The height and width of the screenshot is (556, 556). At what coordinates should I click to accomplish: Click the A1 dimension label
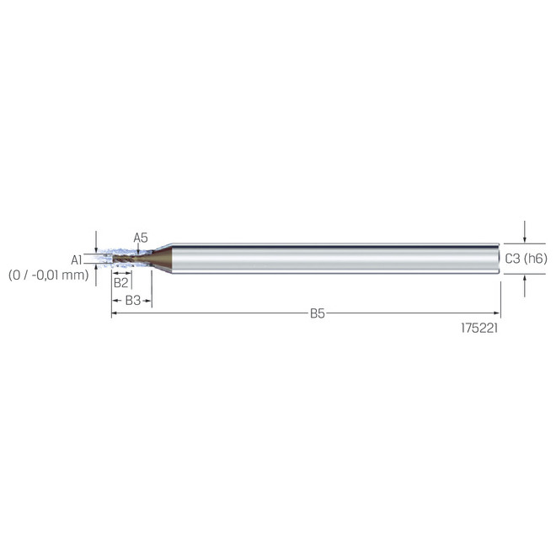point(76,260)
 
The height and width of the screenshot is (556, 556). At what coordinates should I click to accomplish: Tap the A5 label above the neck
point(141,238)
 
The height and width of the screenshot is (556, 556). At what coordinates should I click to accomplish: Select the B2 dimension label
point(120,282)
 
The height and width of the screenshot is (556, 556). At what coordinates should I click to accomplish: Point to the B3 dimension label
point(133,301)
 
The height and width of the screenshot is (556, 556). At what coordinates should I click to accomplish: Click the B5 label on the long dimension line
point(318,313)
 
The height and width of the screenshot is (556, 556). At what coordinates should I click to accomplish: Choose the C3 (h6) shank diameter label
point(526,259)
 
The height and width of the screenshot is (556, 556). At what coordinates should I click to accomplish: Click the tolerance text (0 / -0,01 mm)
point(49,275)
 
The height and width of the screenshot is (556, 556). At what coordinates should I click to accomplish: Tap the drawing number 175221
point(479,329)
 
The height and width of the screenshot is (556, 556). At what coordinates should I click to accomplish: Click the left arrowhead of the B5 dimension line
point(115,313)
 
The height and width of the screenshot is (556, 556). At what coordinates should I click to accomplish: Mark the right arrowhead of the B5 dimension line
point(497,313)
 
